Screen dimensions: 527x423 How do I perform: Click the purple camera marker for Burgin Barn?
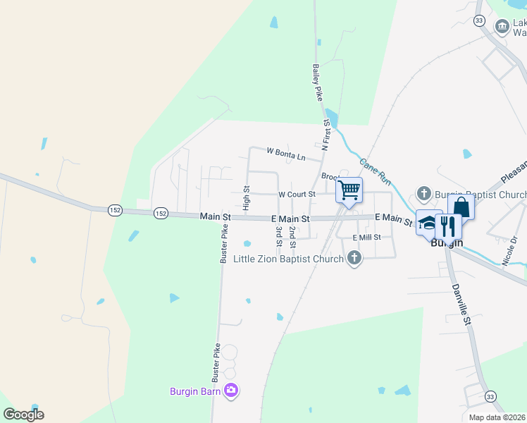point(232,390)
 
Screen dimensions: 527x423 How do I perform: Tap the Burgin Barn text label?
point(196,391)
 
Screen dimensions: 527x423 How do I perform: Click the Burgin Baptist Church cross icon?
point(424,193)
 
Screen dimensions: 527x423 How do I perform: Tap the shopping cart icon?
point(349,189)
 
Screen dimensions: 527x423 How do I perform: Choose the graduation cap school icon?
point(428,223)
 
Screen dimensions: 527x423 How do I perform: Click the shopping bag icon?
point(461,207)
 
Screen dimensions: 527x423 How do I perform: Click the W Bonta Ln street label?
point(286,152)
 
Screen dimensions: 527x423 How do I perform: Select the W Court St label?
point(296,194)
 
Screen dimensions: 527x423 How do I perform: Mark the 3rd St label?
point(279,236)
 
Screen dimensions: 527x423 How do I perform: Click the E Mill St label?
point(366,238)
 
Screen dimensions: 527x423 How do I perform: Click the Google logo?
point(23,415)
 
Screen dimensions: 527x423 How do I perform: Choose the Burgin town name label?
point(447,243)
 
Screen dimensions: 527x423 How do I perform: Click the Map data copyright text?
point(497,417)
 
